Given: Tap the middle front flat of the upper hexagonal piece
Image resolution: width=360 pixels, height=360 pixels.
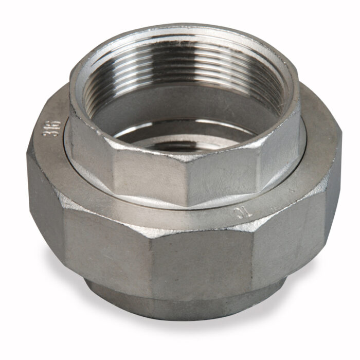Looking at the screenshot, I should coord(149,175).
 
